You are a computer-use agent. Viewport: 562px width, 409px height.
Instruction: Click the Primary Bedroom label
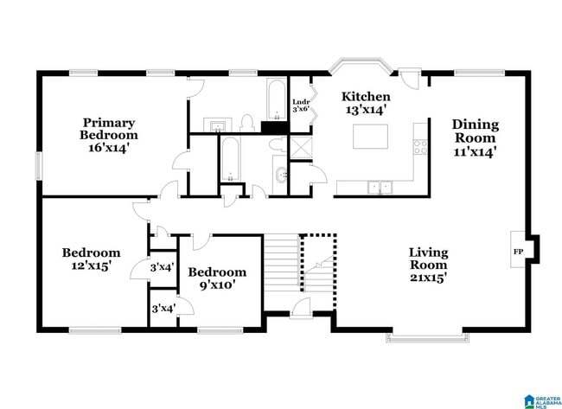109,136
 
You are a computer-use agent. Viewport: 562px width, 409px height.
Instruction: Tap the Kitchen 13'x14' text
366,103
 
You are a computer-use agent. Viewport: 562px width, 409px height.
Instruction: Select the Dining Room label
476,137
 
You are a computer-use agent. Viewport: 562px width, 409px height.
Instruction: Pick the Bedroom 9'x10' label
217,278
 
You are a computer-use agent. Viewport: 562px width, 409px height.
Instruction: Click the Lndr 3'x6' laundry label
301,105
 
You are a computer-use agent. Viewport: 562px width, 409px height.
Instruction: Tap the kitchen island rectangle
370,137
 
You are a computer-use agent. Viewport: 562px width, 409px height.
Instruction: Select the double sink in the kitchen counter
379,186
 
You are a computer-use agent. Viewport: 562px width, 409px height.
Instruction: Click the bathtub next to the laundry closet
275,99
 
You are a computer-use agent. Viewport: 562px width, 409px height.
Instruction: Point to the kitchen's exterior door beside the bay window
411,76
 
